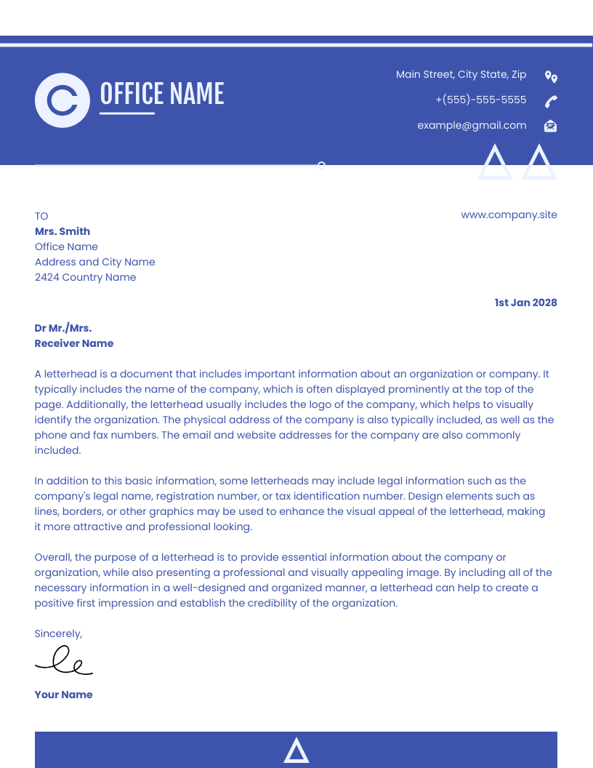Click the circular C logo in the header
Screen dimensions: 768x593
(62, 100)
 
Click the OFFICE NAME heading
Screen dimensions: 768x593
(161, 95)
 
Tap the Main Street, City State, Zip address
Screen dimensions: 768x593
(461, 74)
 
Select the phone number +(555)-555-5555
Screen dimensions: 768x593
(480, 100)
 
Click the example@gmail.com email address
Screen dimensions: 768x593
(472, 125)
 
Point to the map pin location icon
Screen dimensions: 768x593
(551, 76)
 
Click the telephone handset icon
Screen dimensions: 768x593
(551, 101)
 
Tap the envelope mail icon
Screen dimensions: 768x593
(551, 126)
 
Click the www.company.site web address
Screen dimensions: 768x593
(509, 215)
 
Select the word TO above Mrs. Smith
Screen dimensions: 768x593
(41, 216)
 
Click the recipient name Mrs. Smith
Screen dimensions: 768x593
(62, 231)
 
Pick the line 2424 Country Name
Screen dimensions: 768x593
(85, 277)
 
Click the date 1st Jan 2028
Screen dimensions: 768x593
(525, 303)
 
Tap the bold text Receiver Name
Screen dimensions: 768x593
(74, 343)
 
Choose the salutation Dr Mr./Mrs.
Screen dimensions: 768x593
(63, 328)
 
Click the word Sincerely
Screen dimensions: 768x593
(58, 633)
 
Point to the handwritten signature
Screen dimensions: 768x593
(64, 660)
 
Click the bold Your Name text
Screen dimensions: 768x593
(63, 695)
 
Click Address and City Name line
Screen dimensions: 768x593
(94, 262)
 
